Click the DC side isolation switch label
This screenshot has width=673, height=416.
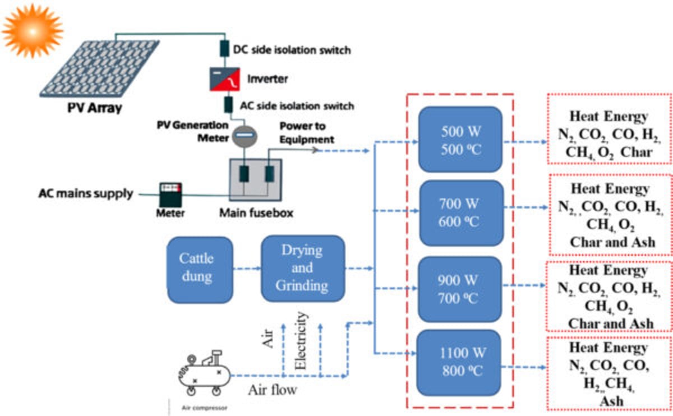coord(292,50)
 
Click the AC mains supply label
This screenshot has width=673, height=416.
coord(86,194)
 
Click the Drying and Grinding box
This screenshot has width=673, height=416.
coord(302,268)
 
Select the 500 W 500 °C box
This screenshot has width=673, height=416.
coord(459,140)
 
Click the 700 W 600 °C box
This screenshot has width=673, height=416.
coord(459,213)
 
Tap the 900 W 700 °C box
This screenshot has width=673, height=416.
coord(459,289)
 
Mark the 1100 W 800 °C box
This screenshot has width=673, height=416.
coord(459,363)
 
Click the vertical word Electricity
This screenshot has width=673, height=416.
coord(302,340)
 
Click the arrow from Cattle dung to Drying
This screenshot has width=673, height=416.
coord(247,268)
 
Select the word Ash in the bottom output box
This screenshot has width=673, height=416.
coord(610,401)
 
